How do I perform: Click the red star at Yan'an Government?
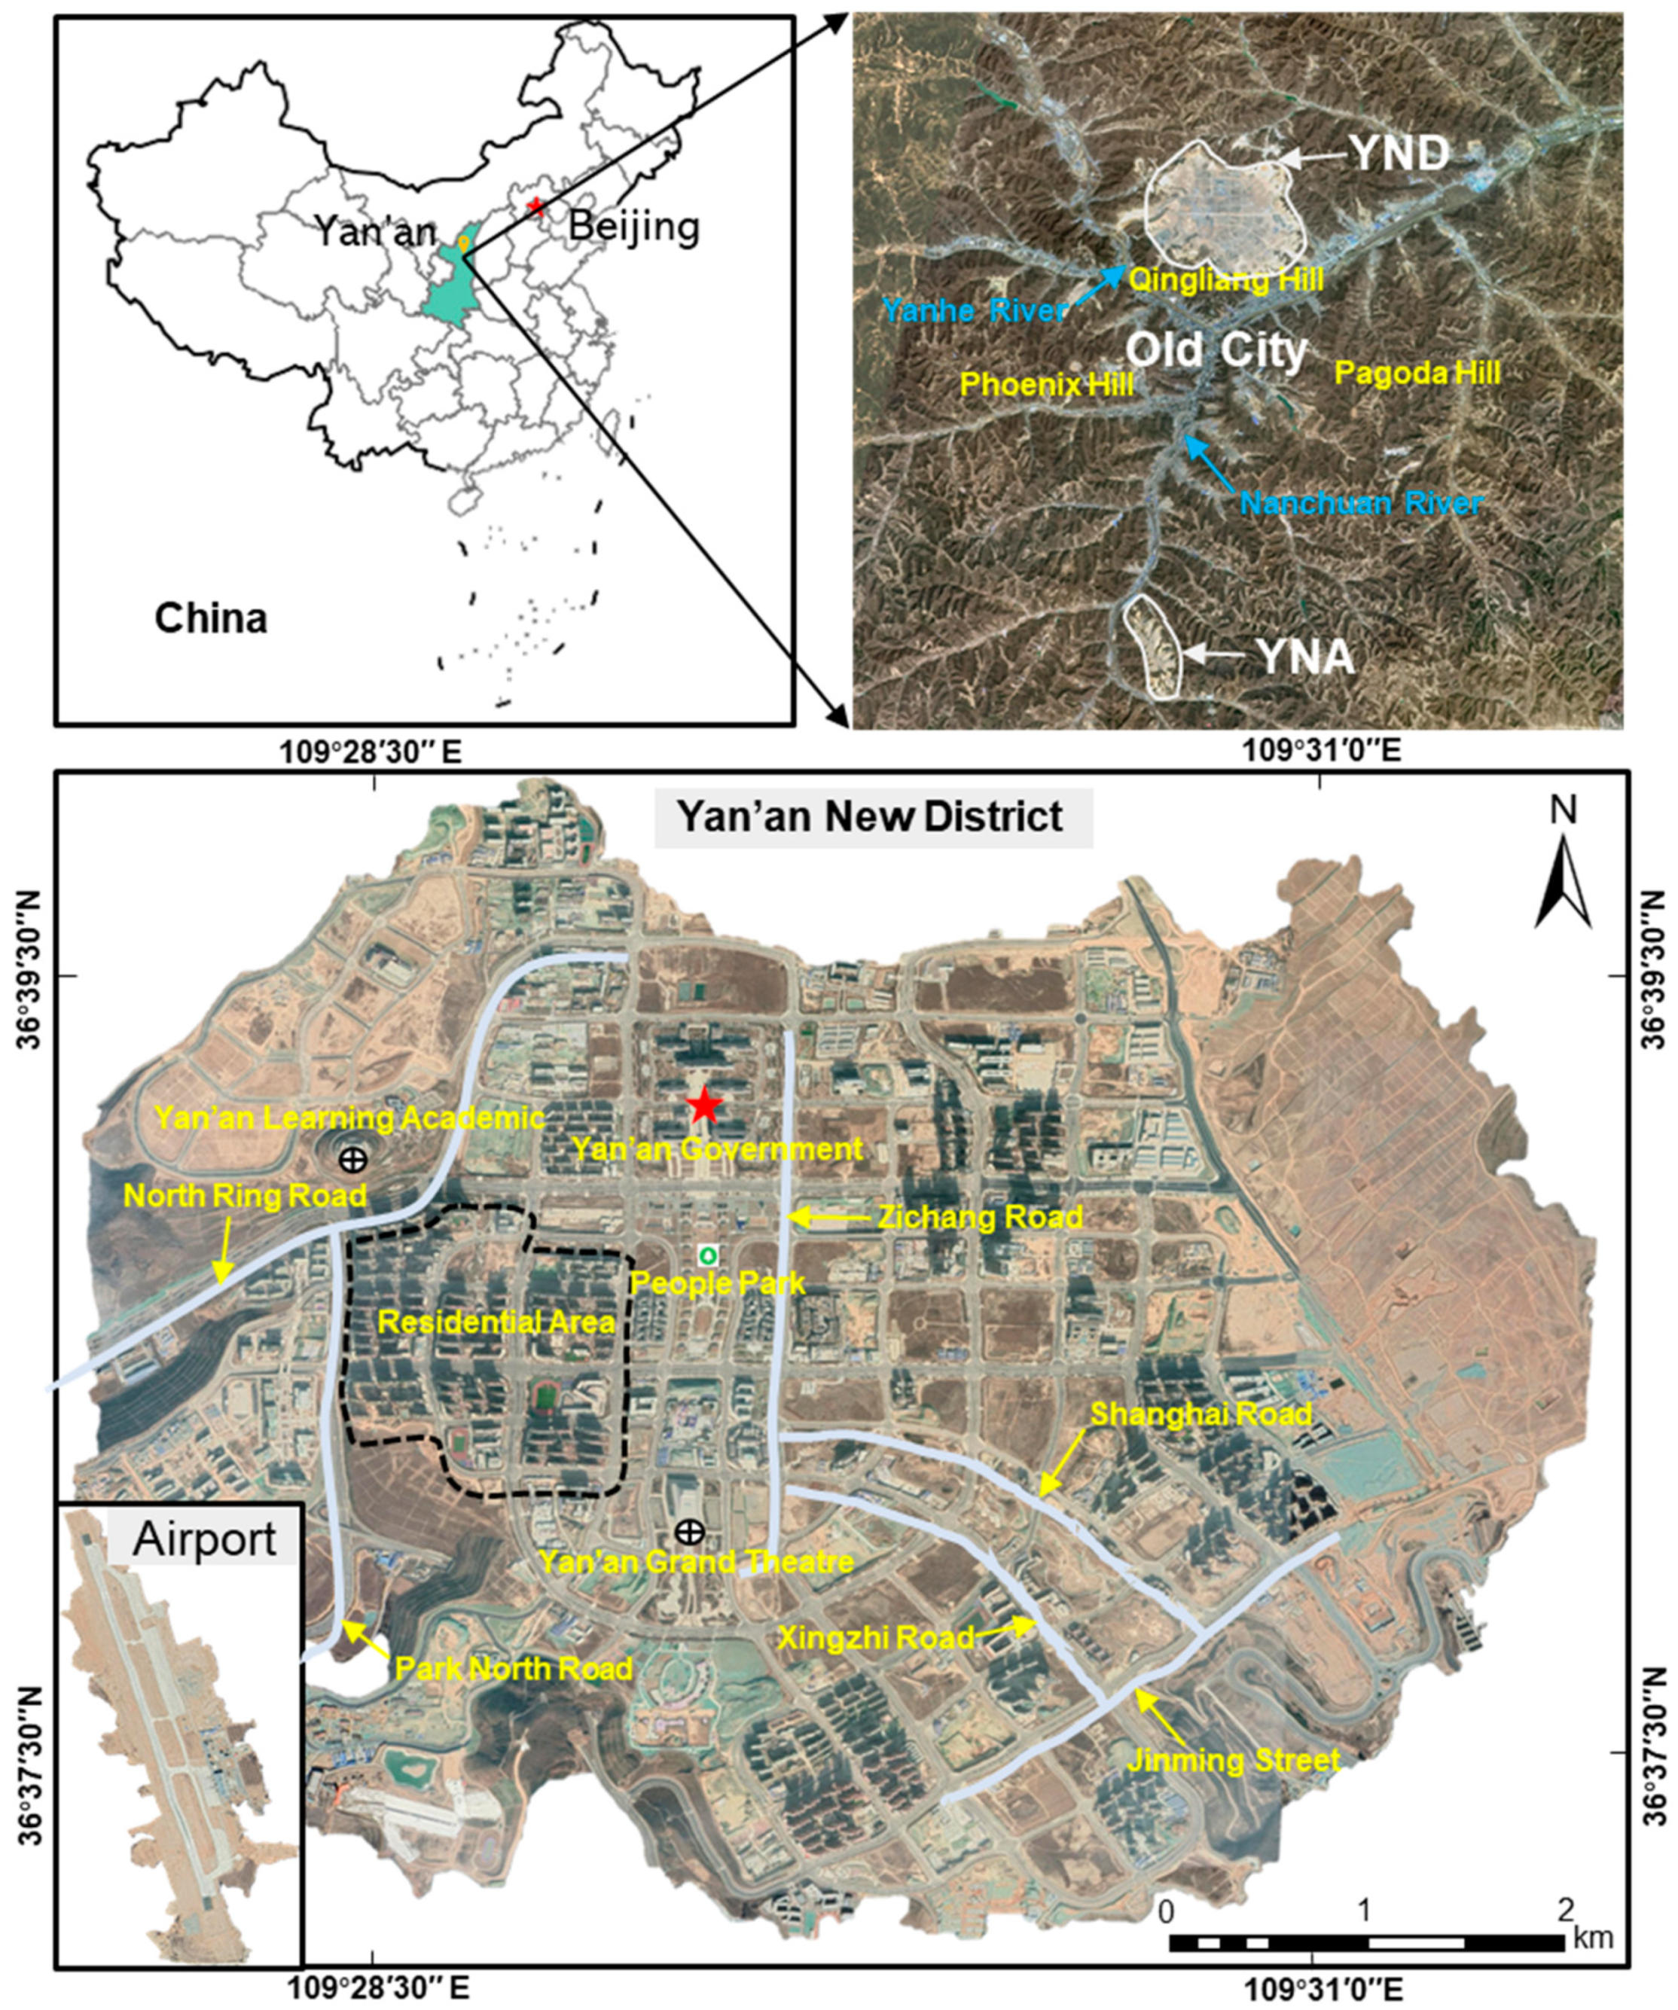click(704, 1106)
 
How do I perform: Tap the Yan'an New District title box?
click(872, 817)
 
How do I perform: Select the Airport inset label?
click(205, 1539)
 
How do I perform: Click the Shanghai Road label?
click(1201, 1414)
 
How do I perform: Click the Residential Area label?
click(496, 1322)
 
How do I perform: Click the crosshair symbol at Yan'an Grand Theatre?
click(688, 1532)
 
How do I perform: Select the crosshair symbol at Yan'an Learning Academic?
click(353, 1160)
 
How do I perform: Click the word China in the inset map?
click(211, 618)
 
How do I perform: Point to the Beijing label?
click(633, 227)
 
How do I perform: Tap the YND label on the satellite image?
click(1399, 153)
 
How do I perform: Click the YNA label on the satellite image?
click(1304, 657)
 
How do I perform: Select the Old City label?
click(1216, 350)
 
